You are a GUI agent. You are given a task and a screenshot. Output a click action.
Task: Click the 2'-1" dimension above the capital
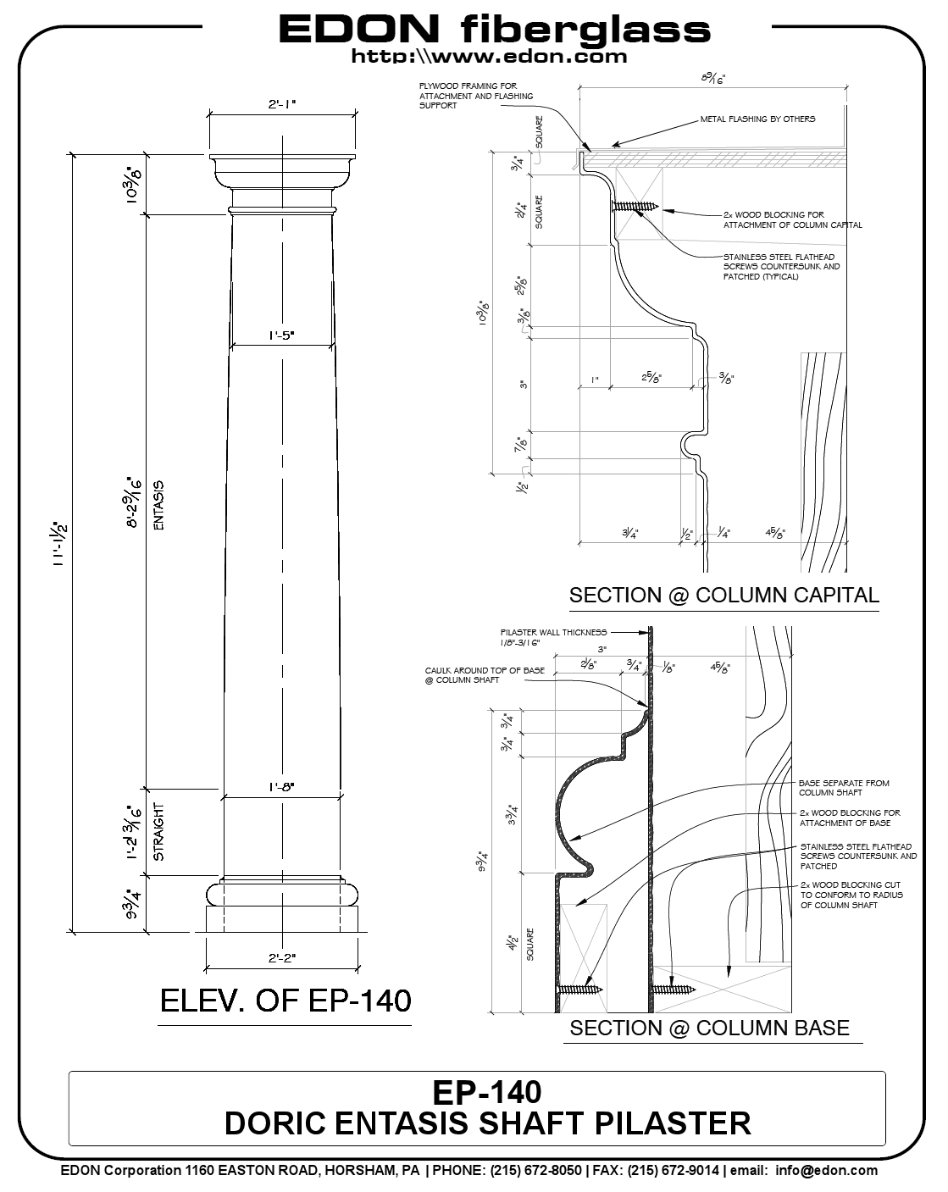282,104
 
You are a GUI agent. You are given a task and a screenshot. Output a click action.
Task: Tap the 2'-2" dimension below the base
282,957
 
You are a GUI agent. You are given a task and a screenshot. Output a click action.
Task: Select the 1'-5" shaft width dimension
282,335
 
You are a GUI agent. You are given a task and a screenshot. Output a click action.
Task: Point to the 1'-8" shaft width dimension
282,787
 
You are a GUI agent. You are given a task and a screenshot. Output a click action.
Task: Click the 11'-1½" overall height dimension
60,544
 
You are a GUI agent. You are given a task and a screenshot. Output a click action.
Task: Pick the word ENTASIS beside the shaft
158,506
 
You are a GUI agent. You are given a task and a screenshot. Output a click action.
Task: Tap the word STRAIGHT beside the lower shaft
158,831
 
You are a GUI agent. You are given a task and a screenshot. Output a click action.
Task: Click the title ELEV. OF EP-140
286,1001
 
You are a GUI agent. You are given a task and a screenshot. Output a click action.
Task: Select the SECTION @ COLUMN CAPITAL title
723,595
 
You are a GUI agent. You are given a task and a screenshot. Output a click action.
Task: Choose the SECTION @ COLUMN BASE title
709,1028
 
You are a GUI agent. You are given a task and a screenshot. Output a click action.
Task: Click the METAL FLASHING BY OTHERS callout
757,119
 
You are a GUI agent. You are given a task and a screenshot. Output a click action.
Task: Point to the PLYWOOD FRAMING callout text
475,96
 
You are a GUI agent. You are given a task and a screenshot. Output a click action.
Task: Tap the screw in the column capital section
636,205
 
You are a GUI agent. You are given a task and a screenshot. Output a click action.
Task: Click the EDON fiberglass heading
494,30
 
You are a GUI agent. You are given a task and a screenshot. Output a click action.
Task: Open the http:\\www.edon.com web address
489,57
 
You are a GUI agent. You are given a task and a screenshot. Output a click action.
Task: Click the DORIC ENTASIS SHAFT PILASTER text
487,1123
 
